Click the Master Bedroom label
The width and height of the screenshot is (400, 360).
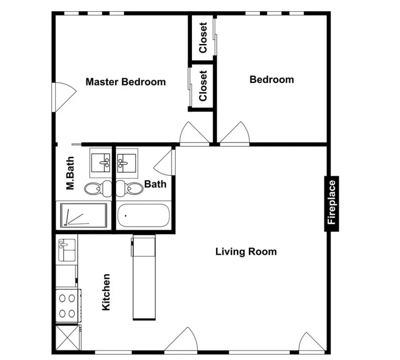[126, 82]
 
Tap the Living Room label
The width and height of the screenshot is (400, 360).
[246, 252]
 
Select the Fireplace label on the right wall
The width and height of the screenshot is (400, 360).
[332, 202]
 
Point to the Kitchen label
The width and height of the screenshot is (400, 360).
[106, 292]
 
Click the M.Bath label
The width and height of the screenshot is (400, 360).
[70, 173]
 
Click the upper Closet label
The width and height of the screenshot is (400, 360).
[203, 38]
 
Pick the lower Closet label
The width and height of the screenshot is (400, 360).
[203, 86]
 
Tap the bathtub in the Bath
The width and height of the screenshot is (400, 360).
[144, 215]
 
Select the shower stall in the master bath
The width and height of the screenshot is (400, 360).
[83, 215]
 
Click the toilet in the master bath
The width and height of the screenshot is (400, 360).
[98, 189]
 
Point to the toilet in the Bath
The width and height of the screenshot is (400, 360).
[129, 189]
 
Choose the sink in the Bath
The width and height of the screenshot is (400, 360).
[127, 163]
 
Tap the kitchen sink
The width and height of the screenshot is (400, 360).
[67, 250]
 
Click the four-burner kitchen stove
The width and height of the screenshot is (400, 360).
[67, 306]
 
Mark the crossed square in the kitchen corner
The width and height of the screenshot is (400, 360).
[67, 337]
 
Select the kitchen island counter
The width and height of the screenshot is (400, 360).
[144, 278]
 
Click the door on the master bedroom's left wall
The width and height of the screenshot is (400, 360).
[64, 97]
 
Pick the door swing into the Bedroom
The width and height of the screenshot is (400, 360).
[235, 134]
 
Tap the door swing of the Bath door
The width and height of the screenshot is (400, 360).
[164, 162]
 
